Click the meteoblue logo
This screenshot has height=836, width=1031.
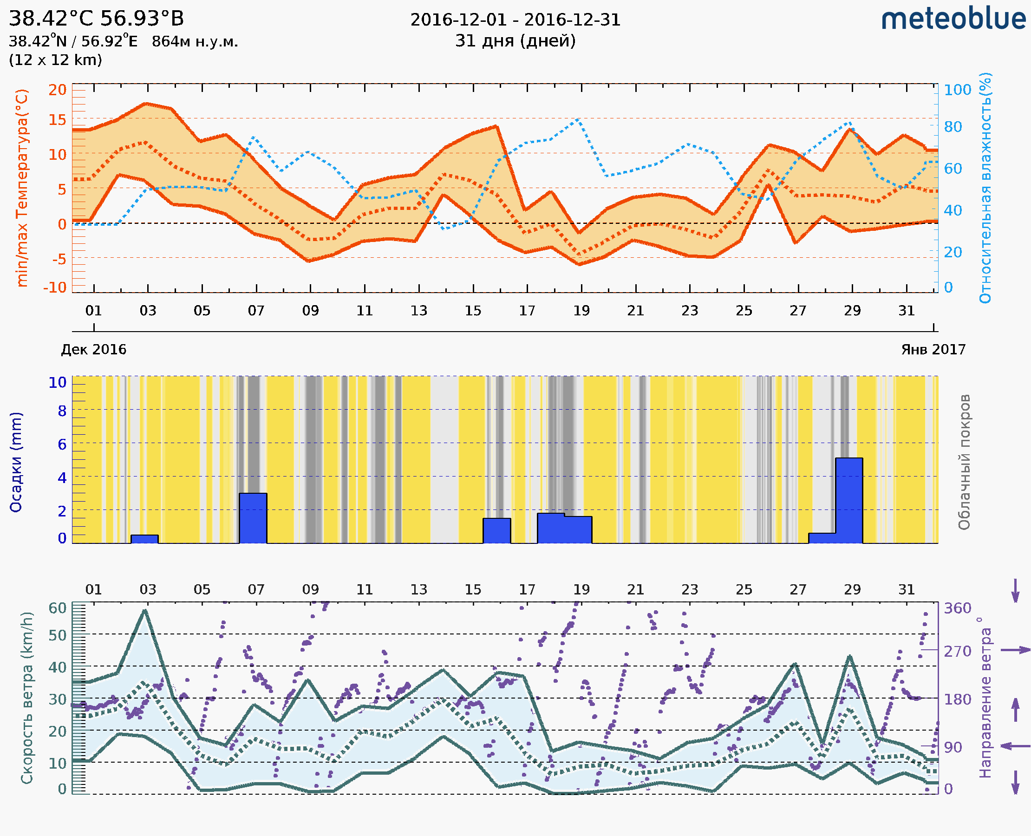click(x=953, y=19)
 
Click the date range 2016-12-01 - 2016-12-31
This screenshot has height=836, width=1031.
click(x=515, y=20)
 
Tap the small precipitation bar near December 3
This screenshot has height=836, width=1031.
click(x=144, y=539)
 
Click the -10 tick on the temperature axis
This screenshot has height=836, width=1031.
click(x=54, y=287)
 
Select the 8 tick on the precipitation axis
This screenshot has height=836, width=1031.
click(x=62, y=411)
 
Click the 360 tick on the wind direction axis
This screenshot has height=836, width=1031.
click(x=957, y=608)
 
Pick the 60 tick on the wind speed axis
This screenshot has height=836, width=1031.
click(x=57, y=608)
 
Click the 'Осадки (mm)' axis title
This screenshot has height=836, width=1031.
click(x=16, y=462)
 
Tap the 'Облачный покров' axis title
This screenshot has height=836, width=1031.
click(x=964, y=462)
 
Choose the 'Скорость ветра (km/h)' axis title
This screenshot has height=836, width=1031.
click(x=27, y=698)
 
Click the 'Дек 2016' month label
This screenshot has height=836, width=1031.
click(x=93, y=350)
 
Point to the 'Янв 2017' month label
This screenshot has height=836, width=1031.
click(x=933, y=350)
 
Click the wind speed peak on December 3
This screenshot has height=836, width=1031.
click(x=144, y=611)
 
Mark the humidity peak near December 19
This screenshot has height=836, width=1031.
click(x=578, y=119)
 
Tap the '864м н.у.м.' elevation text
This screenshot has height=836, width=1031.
click(x=195, y=42)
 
